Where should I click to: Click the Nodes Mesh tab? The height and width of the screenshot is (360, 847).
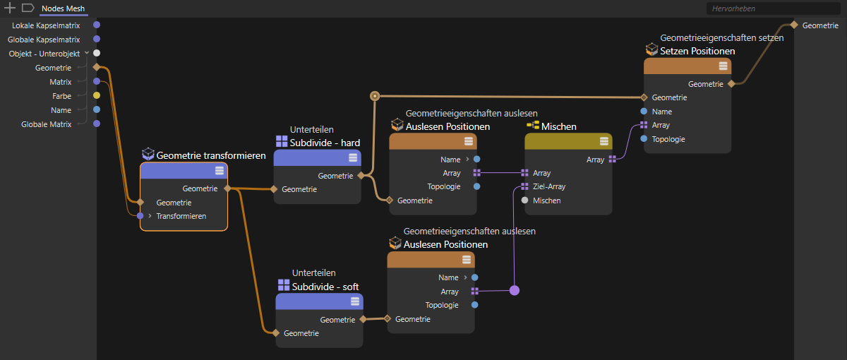coord(63,8)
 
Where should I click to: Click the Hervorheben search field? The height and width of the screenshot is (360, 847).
coord(773,8)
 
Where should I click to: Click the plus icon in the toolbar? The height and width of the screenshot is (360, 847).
coord(10,8)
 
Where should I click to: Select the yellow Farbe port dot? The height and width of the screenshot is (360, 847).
coord(97,96)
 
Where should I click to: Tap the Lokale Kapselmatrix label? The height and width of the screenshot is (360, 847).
coord(46,25)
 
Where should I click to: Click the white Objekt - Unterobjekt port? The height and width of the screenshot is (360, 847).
coord(97,54)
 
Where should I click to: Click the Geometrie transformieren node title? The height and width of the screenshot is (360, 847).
coord(211,155)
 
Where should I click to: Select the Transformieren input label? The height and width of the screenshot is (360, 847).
coord(181,216)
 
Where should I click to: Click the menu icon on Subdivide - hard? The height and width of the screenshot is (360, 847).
coord(353,157)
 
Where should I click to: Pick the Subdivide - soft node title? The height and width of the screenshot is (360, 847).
coord(325,287)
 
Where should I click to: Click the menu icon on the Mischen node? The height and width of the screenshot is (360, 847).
coord(604,141)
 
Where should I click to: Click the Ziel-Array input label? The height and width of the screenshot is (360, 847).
coord(549,186)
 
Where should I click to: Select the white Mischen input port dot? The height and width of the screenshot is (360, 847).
coord(525,200)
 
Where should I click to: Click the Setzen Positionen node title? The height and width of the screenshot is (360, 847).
coord(697,51)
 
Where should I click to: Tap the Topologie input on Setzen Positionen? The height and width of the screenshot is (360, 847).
coord(668,139)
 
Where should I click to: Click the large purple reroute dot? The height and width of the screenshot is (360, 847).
coord(515,290)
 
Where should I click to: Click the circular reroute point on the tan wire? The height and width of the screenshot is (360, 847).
coord(375,96)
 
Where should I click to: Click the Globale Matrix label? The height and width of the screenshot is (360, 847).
coord(46,124)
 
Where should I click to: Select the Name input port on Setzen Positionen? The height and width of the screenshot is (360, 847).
coord(644,112)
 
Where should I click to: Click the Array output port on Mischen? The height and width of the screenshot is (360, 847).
coord(612,160)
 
